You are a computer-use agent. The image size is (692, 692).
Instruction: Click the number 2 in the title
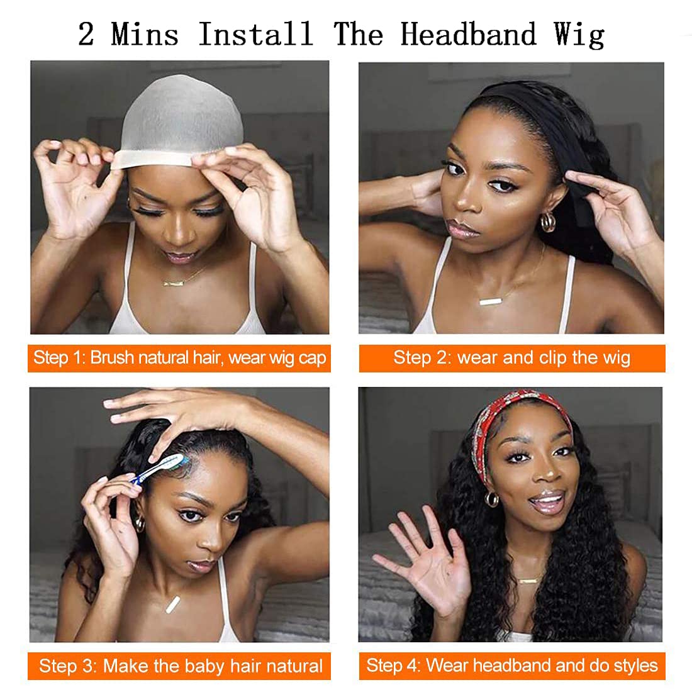(x=86, y=35)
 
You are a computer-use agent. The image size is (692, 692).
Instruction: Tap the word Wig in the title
(x=579, y=35)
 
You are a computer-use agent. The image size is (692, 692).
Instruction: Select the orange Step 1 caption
(x=179, y=358)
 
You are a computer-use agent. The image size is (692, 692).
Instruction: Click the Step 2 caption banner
(x=511, y=358)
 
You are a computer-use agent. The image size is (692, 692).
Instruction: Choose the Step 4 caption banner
(x=511, y=666)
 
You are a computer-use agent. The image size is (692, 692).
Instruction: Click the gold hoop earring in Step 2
(x=549, y=222)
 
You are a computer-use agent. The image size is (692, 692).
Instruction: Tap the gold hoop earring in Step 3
(x=139, y=523)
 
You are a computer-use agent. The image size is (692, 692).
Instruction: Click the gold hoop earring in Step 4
(x=492, y=499)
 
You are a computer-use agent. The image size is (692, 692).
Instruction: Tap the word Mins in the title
(x=145, y=34)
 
